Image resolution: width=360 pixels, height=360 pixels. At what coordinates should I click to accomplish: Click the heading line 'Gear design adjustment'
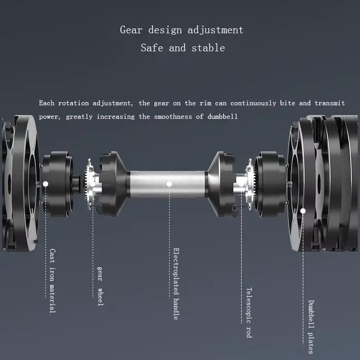[x=182, y=30]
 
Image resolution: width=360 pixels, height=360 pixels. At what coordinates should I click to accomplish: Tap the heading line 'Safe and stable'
[x=183, y=48]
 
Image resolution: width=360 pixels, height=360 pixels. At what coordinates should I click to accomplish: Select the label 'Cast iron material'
[x=52, y=281]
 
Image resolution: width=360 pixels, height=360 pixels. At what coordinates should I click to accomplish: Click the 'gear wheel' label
[x=100, y=286]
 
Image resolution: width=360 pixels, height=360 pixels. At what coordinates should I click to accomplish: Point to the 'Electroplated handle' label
[x=176, y=284]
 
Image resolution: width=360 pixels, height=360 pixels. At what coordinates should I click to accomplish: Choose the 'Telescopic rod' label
[x=249, y=313]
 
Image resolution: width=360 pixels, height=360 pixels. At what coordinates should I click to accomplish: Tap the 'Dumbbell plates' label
[x=311, y=327]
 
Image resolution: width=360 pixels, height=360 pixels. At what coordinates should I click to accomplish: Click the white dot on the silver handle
[x=169, y=184]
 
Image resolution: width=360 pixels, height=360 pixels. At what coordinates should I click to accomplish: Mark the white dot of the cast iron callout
[x=45, y=184]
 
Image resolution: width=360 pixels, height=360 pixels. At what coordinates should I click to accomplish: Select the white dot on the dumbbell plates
[x=303, y=211]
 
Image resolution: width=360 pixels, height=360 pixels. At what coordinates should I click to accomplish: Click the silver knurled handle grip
[x=167, y=184]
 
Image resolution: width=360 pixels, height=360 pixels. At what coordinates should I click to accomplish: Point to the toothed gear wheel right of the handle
[x=250, y=184]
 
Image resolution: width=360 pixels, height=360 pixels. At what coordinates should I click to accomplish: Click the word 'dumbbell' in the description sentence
[x=222, y=117]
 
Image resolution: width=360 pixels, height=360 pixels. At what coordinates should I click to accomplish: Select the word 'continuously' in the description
[x=253, y=103]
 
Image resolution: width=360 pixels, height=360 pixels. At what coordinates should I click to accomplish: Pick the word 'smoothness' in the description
[x=173, y=117]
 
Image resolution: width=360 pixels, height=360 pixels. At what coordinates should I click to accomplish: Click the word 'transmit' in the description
[x=330, y=103]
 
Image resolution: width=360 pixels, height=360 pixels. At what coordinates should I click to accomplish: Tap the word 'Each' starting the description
[x=47, y=103]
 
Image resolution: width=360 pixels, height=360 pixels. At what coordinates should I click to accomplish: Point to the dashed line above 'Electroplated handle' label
[x=169, y=242]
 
